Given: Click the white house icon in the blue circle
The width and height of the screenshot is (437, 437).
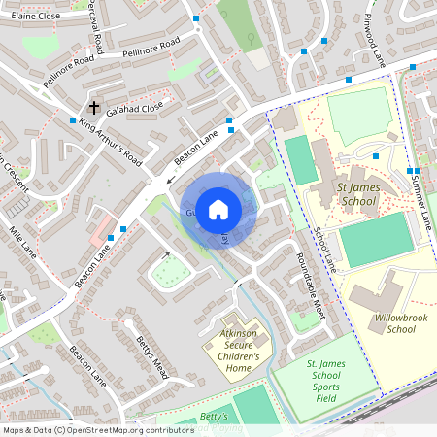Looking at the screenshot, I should pos(218,209).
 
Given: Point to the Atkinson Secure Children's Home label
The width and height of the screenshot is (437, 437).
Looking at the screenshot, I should pos(233,350).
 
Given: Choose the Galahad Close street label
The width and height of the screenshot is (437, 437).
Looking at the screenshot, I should pos(135,110).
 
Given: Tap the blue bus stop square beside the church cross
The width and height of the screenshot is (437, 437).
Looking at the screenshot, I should pos(73,120).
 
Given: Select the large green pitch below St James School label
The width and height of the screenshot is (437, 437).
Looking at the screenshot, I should pos(375,240).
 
